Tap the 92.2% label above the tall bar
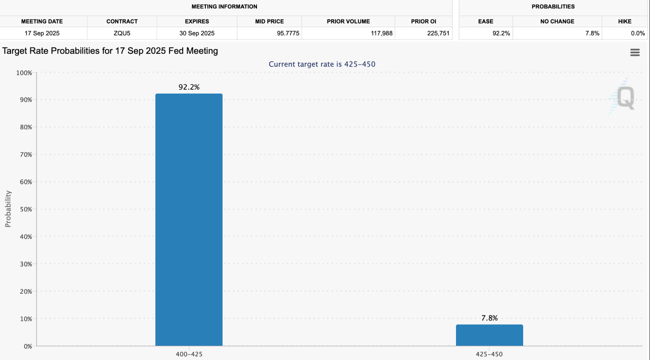click(189, 87)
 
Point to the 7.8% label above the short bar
click(489, 318)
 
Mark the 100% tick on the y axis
click(24, 73)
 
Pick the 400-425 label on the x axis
click(189, 354)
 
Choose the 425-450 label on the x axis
click(489, 354)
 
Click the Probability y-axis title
click(8, 209)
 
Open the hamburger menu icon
click(635, 52)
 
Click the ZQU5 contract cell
click(122, 33)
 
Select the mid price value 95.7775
click(288, 33)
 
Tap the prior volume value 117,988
click(381, 33)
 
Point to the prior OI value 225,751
click(438, 33)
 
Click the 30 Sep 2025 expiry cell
click(197, 33)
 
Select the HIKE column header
click(624, 21)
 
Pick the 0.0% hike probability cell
click(637, 33)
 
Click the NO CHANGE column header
click(557, 21)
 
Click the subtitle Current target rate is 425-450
click(322, 64)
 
